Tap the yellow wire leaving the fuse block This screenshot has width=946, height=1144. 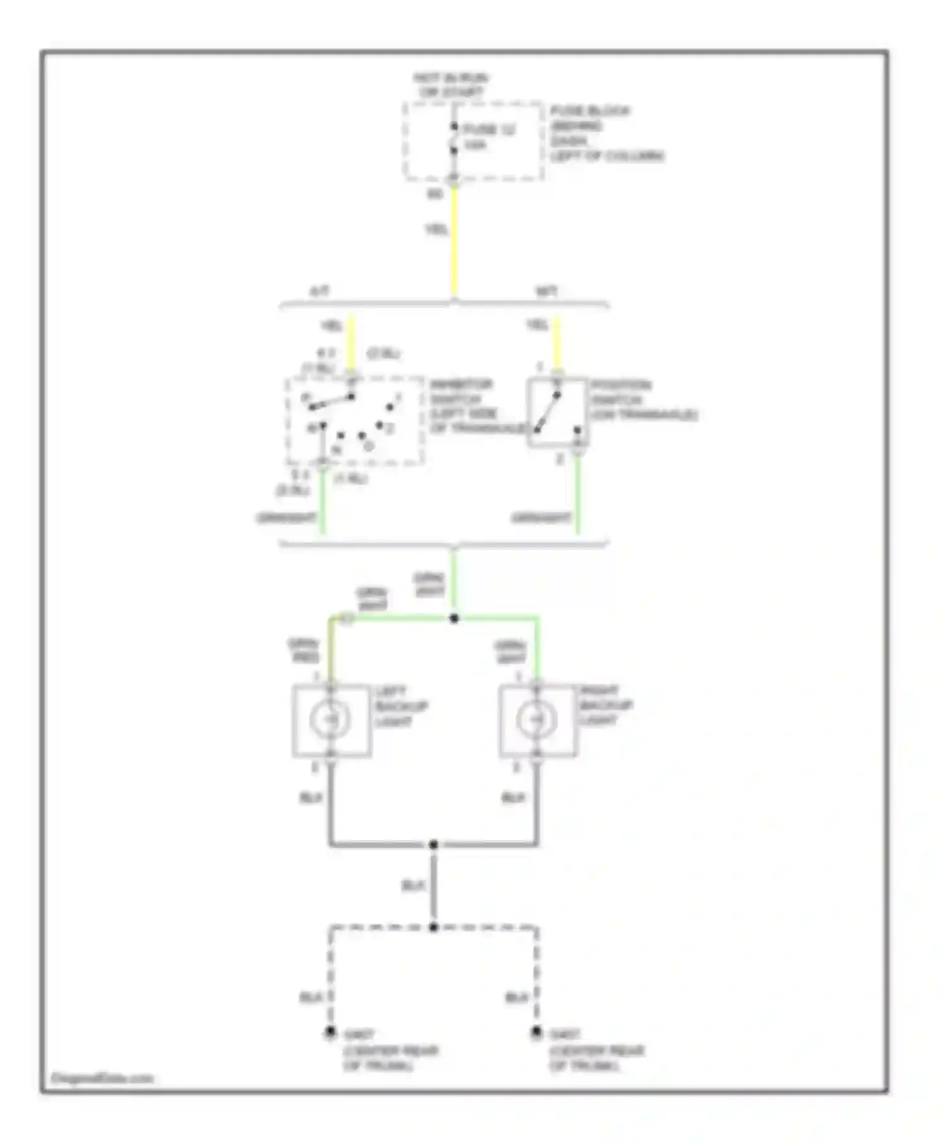coord(454,240)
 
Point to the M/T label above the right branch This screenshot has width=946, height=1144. coord(546,292)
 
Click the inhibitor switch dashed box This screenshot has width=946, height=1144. coord(355,421)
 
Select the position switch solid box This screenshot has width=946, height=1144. coord(558,412)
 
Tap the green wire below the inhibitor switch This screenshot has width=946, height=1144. coord(323,505)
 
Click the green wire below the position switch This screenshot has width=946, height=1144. coord(578,498)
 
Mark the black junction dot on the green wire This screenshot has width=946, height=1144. coord(454,619)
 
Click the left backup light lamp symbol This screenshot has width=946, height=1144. coord(330,720)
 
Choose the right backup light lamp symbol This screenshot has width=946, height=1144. coord(537,720)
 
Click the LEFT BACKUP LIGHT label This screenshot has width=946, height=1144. coord(401,706)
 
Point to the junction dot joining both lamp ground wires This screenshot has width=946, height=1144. coord(433,844)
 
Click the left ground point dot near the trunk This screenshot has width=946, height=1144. coord(330,1032)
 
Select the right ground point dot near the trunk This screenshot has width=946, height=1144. coord(536,1032)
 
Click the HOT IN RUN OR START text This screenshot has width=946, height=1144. coord(450,85)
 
